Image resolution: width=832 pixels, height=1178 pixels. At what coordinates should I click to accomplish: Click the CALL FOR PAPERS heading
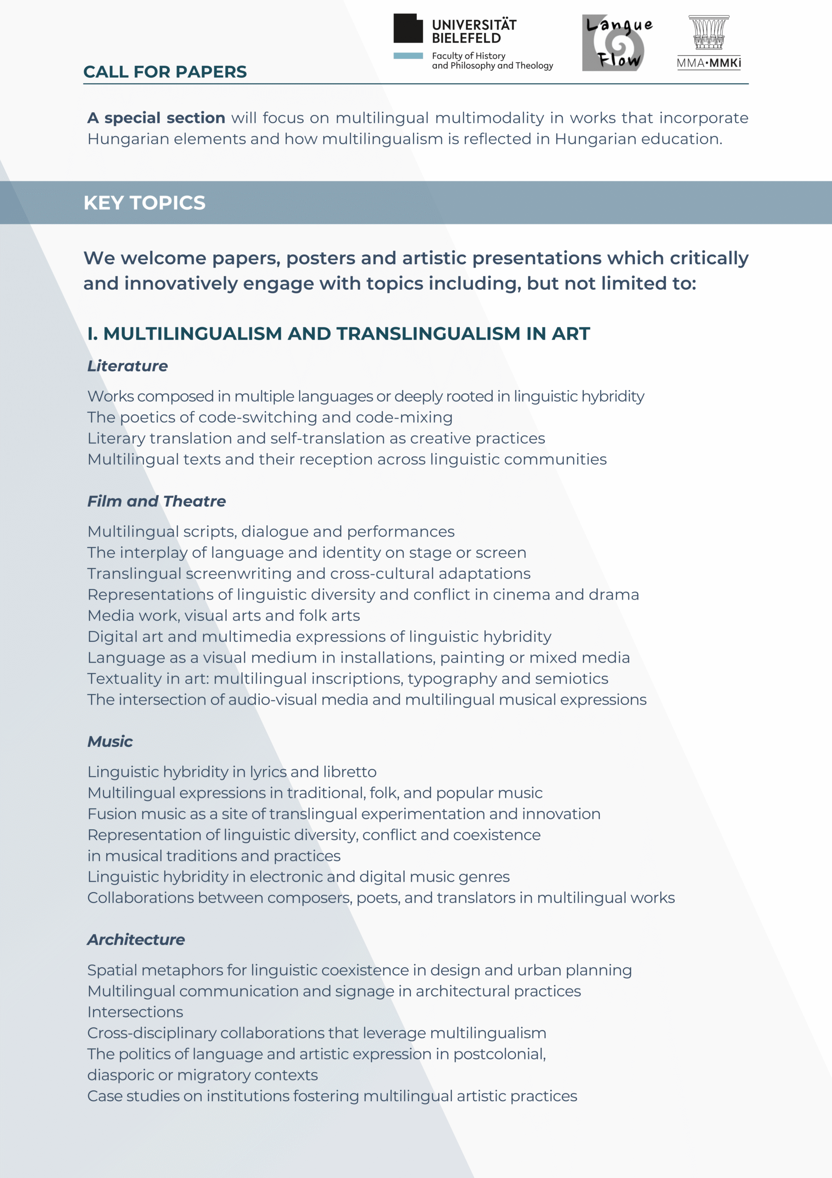point(165,72)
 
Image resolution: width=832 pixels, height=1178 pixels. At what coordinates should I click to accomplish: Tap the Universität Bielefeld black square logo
point(408,28)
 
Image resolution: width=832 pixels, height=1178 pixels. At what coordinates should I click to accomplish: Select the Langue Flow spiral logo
point(617,43)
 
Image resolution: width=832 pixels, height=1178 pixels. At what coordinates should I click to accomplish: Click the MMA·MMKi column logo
point(708,42)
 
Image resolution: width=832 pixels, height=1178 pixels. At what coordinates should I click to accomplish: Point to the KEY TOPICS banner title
point(144,202)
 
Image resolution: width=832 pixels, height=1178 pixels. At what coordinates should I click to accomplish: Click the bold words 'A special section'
point(156,118)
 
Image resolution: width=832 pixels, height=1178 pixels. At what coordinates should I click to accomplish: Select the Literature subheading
point(127,366)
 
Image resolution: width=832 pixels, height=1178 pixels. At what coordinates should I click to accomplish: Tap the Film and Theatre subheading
point(156,501)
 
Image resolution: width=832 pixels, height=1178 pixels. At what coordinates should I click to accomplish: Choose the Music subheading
point(110,741)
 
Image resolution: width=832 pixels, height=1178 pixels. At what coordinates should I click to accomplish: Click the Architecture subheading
point(136,940)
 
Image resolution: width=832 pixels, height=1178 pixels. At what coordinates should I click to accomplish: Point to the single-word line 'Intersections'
point(135,1012)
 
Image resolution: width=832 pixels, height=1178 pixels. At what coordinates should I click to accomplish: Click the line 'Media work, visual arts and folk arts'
point(223,616)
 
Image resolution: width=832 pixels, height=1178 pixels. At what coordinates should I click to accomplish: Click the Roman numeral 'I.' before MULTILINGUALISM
point(92,334)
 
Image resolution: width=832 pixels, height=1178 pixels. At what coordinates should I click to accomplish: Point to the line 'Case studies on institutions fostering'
point(332,1096)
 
